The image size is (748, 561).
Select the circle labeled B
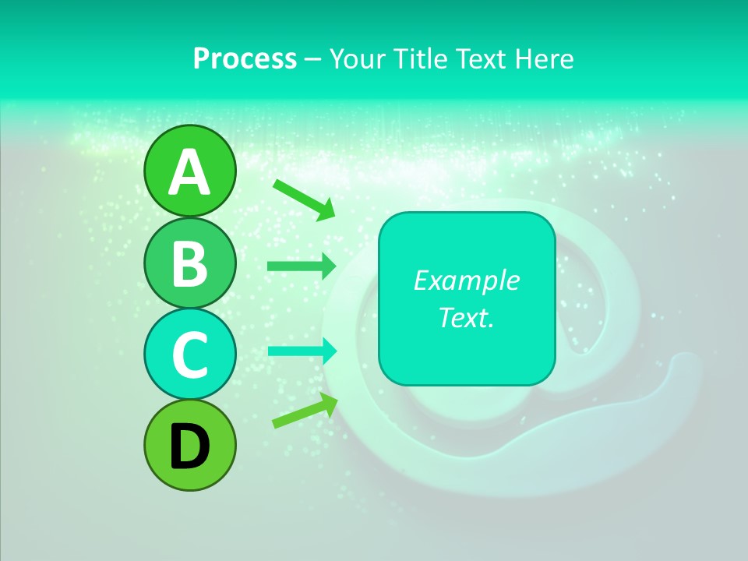point(189,263)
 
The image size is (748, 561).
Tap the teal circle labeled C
point(189,354)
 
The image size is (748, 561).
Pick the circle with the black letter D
point(189,445)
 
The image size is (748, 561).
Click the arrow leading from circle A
point(303,199)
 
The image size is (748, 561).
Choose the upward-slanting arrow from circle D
point(305,411)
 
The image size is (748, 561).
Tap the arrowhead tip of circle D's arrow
point(337,397)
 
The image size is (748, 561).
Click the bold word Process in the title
point(245,58)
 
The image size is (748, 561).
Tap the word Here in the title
point(545,58)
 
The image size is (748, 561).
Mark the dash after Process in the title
point(312,60)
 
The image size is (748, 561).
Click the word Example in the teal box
point(466,280)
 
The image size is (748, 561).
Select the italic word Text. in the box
point(466,317)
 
